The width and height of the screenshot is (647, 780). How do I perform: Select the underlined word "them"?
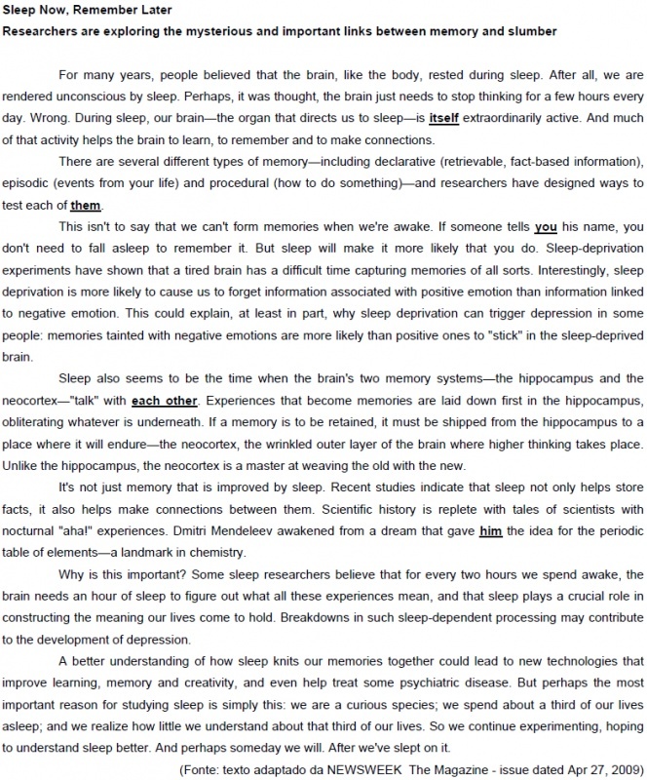[x=85, y=205]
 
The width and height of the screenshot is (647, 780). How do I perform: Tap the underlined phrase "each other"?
[x=164, y=400]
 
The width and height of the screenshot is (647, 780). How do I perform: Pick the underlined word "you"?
[x=546, y=226]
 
